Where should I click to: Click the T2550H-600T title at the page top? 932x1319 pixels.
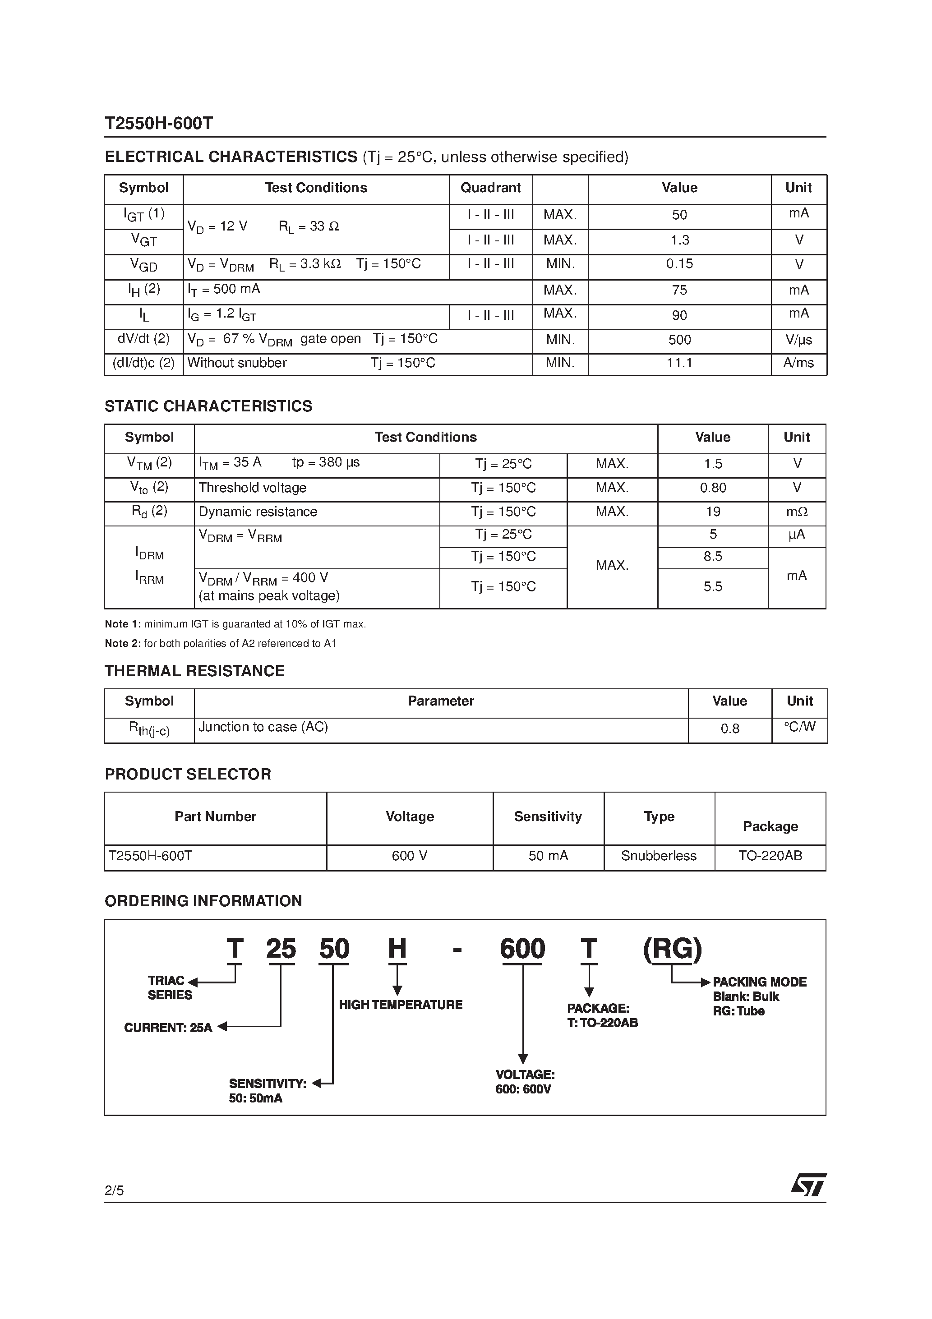(159, 124)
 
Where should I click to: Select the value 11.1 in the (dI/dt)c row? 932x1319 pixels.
(679, 363)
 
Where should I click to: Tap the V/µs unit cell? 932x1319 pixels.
(798, 340)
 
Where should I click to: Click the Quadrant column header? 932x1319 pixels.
(490, 188)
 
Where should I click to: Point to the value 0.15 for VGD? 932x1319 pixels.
(679, 264)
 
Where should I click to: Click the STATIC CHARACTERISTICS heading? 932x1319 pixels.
(208, 406)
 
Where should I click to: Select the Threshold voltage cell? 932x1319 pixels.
(252, 488)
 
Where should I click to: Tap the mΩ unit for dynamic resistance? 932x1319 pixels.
(796, 512)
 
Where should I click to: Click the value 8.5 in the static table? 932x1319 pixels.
(712, 557)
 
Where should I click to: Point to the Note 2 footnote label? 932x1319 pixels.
(122, 643)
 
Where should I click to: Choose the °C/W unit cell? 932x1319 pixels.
(799, 727)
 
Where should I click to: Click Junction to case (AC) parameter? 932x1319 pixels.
(263, 727)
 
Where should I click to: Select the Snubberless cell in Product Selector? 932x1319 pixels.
(659, 856)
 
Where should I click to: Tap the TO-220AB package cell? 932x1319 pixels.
(770, 856)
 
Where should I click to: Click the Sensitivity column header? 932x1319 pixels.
(548, 816)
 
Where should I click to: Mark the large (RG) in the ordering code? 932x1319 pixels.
(672, 949)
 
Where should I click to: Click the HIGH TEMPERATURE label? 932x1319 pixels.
(401, 1005)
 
